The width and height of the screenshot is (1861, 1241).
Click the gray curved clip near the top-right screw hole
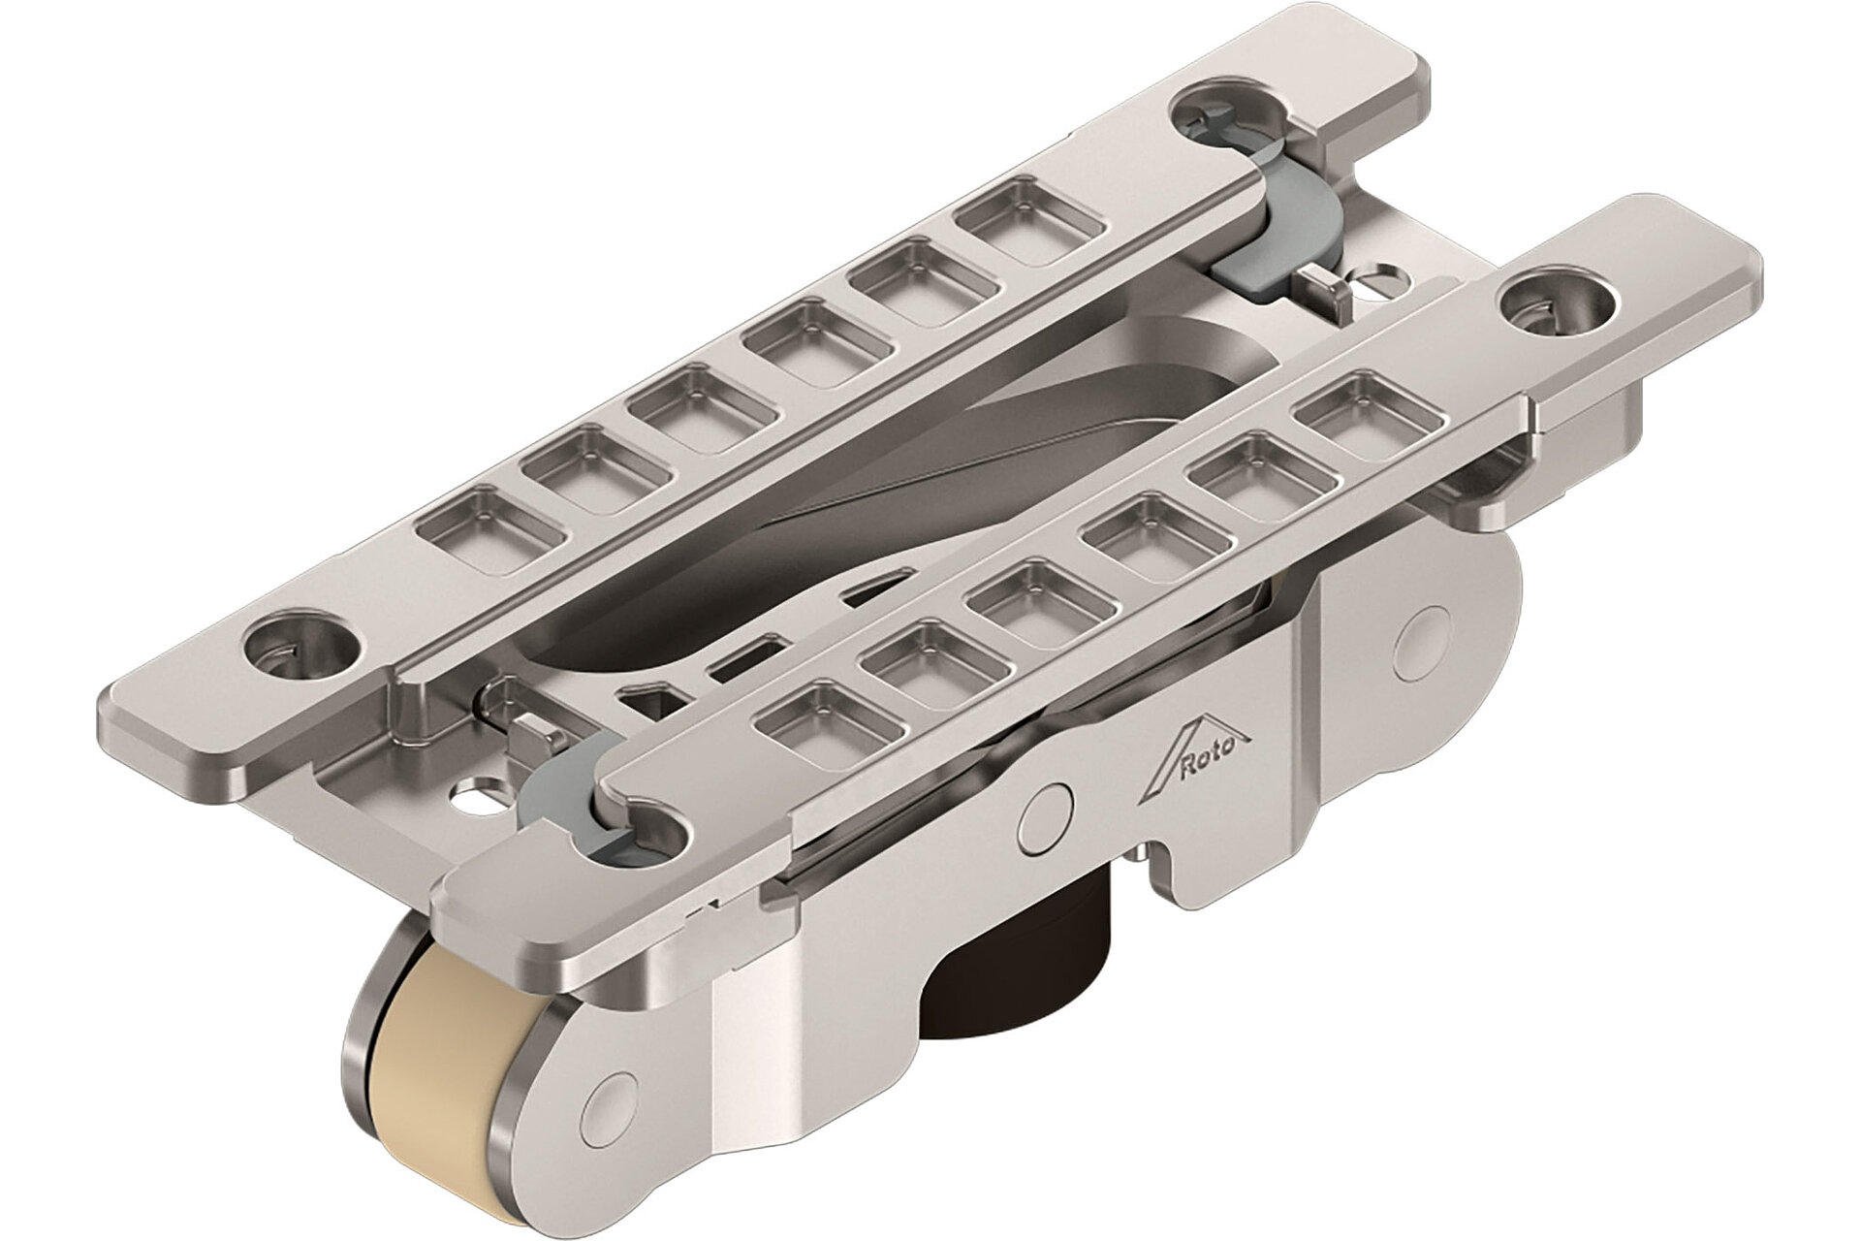(1279, 233)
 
